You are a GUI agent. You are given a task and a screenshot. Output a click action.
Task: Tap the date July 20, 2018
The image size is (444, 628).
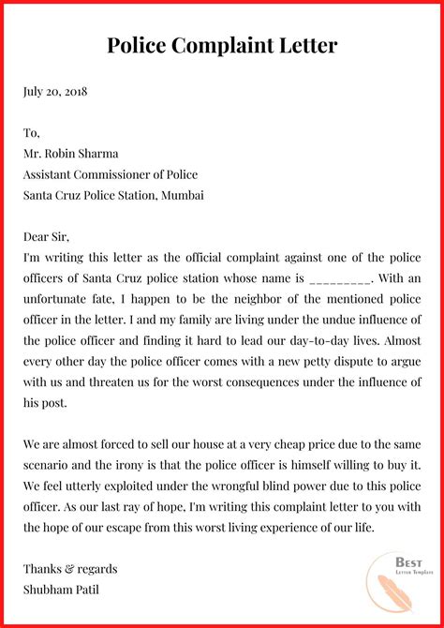click(x=55, y=93)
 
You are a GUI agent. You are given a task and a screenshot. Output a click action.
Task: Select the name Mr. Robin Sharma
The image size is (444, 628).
click(x=72, y=154)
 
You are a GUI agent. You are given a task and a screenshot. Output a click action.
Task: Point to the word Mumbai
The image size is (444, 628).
click(x=182, y=195)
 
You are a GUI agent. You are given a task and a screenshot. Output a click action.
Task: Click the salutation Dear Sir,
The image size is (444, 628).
click(x=46, y=236)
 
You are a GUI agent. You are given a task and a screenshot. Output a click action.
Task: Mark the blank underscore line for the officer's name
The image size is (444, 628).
click(x=340, y=277)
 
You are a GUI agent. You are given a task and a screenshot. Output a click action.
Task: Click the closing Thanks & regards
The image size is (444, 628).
click(x=70, y=568)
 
